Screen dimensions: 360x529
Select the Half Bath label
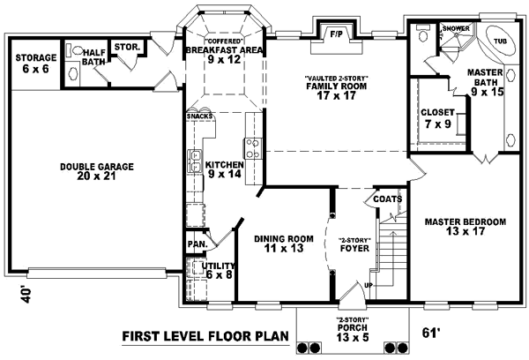pyautogui.click(x=94, y=57)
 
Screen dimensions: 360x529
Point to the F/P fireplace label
pyautogui.click(x=336, y=34)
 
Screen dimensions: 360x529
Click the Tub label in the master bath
pyautogui.click(x=499, y=41)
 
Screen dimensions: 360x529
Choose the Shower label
pyautogui.click(x=456, y=29)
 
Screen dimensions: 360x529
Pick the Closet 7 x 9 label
pyautogui.click(x=437, y=119)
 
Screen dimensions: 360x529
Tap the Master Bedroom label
pyautogui.click(x=465, y=226)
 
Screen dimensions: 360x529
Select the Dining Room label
pyautogui.click(x=285, y=244)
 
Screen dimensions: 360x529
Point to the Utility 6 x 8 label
pyautogui.click(x=217, y=270)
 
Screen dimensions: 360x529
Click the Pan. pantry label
pyautogui.click(x=196, y=244)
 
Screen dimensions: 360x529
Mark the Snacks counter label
pyautogui.click(x=198, y=116)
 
